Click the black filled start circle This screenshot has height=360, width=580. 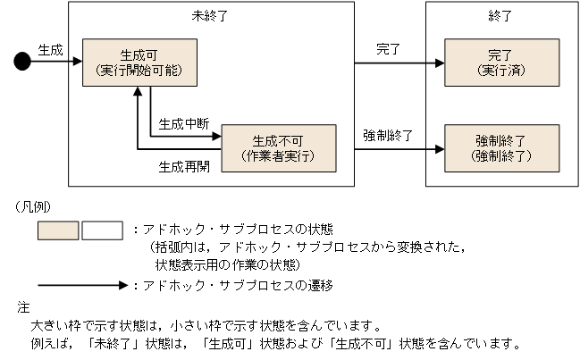point(23,61)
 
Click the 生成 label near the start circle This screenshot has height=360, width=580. point(51,50)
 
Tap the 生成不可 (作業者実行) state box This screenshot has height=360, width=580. point(279,147)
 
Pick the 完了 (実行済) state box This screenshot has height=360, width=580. point(503,62)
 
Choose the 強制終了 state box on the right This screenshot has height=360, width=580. point(503,147)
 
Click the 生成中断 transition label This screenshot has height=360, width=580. point(182,124)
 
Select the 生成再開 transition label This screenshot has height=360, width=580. point(183,166)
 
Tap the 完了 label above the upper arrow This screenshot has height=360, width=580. point(389,50)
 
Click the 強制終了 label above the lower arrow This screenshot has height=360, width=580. point(388,136)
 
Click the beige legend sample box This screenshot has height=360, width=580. point(58,231)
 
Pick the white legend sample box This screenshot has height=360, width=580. point(102,231)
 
